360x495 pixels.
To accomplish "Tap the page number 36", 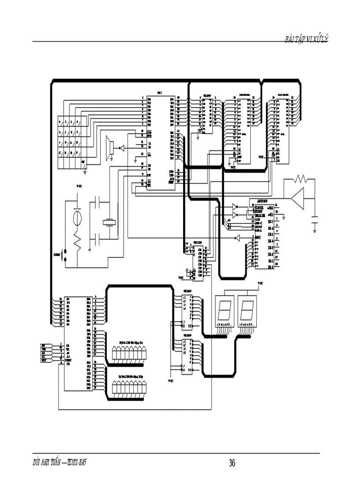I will click(x=232, y=463).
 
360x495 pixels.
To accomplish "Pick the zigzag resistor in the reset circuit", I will click(x=78, y=241).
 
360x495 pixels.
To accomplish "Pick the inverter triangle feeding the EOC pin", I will click(x=237, y=238).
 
